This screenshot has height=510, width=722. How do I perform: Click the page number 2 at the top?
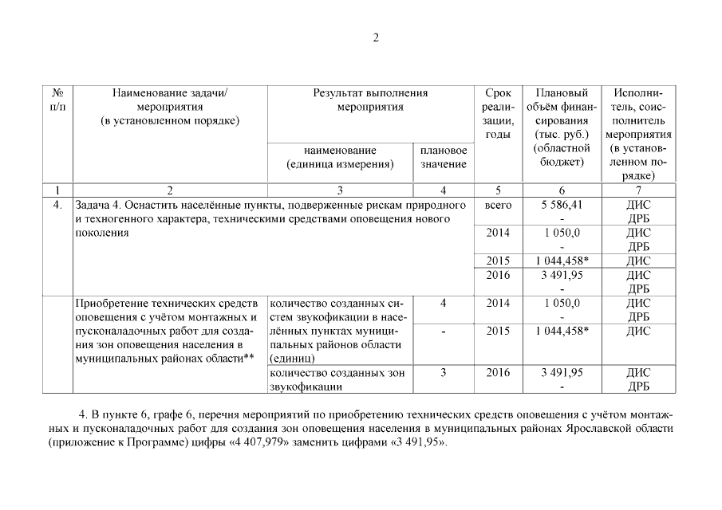[x=377, y=37]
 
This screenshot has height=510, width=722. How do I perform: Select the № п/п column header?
[x=57, y=100]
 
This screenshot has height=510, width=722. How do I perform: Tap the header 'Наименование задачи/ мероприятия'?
[x=170, y=107]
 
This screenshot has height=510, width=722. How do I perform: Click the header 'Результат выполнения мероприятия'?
[x=369, y=100]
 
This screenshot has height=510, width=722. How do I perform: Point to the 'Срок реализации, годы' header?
[x=498, y=114]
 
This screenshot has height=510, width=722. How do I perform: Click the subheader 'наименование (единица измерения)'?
[x=340, y=157]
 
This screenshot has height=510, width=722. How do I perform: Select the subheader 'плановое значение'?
[x=443, y=157]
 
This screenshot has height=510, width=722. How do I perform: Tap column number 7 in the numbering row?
[x=637, y=190]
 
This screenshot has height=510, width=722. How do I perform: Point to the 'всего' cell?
[x=498, y=205]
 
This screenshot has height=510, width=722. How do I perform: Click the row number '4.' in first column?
[x=57, y=205]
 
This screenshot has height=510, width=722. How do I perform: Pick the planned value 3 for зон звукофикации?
[x=443, y=372]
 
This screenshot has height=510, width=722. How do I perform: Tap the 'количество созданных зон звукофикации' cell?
[x=340, y=379]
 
